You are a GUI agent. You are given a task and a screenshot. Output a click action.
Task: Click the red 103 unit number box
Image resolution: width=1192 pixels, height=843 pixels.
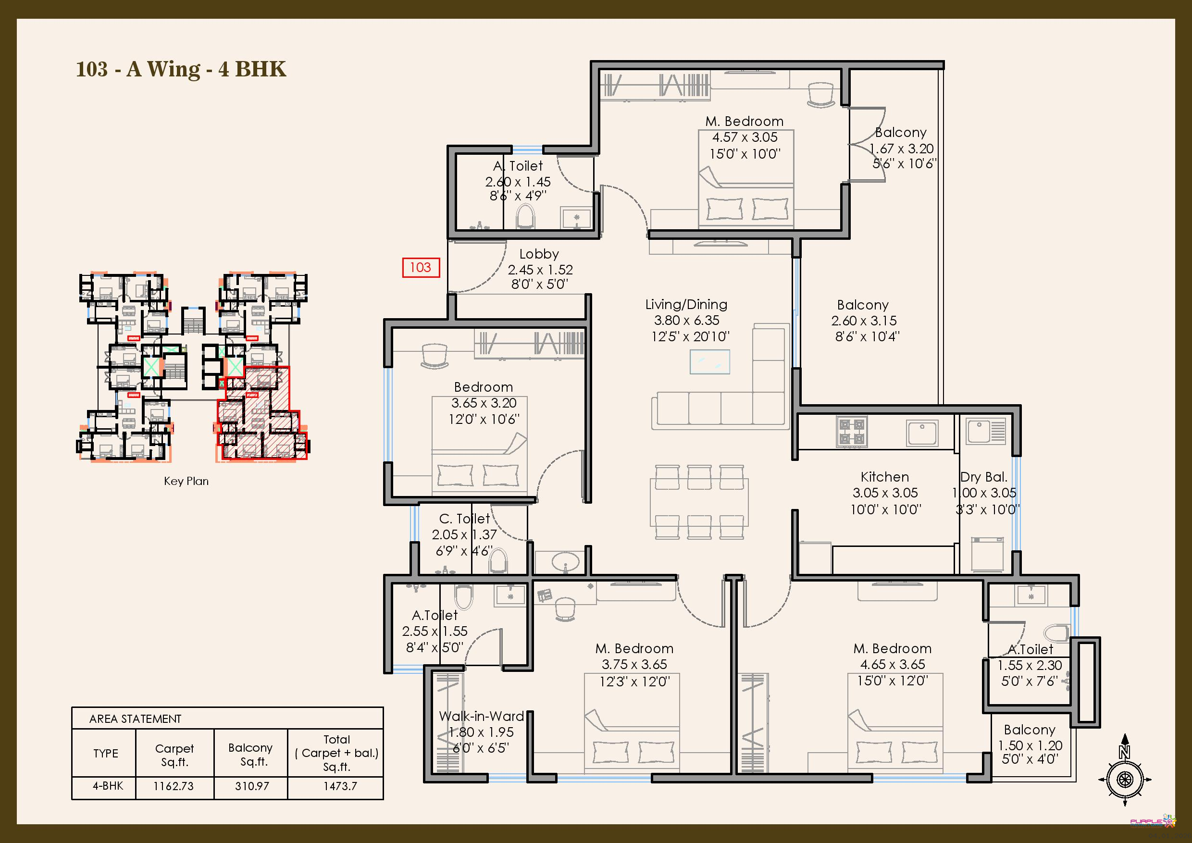(421, 267)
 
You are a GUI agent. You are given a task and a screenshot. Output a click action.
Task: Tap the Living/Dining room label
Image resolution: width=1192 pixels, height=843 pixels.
(686, 305)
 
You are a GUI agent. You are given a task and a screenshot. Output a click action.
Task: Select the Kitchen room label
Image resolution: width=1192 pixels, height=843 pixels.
(885, 477)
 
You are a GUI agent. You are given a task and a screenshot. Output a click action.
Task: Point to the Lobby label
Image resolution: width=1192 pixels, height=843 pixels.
(539, 254)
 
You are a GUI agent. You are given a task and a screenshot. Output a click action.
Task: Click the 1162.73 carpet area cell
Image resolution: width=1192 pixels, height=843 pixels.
(174, 786)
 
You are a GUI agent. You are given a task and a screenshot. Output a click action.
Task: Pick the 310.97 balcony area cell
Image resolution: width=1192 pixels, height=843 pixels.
(252, 786)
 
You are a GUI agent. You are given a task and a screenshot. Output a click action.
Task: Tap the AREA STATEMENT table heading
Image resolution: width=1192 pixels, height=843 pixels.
(135, 719)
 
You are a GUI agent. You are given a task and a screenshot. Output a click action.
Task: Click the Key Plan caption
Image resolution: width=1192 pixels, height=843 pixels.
(186, 481)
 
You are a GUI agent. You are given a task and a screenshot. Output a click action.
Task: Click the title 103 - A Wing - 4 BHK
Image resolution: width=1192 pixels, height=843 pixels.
(181, 69)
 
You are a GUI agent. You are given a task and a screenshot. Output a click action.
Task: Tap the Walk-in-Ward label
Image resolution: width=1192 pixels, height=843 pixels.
(481, 716)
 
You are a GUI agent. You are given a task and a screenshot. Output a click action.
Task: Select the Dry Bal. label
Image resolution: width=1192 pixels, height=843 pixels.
(984, 477)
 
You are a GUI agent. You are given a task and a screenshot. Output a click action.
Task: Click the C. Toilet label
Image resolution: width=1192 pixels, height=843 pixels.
(464, 519)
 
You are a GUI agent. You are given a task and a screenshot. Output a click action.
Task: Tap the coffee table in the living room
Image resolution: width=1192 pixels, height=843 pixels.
(710, 362)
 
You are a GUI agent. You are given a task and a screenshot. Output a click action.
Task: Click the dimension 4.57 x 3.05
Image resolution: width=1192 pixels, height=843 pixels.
(745, 137)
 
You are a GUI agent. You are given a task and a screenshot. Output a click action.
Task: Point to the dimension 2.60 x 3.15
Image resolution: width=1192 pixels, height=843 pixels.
(864, 321)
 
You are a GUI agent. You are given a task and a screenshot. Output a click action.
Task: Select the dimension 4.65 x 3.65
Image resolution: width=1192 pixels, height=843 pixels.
(893, 664)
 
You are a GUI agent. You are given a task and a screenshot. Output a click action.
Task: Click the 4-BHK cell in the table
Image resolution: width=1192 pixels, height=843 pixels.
(108, 786)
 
